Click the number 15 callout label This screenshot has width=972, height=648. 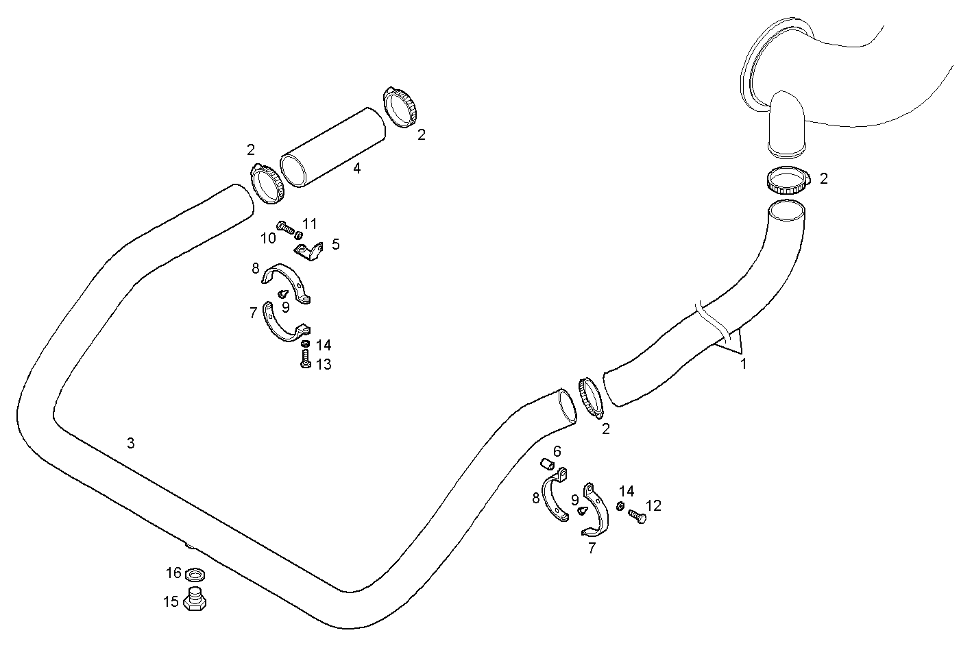171,602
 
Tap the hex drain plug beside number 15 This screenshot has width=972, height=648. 196,600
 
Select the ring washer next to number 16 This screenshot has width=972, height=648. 195,573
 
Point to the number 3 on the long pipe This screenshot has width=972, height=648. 130,443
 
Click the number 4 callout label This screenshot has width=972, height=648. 357,168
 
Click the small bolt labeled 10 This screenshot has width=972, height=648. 284,226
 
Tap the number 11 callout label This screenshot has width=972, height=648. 310,224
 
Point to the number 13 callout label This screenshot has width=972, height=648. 324,364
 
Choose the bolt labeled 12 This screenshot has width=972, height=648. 637,516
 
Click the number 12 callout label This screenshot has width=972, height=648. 653,506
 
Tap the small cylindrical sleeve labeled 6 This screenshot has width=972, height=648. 546,464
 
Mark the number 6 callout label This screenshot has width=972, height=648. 557,451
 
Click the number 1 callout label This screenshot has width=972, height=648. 743,364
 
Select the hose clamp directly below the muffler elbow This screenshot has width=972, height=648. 787,181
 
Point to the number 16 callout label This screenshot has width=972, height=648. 173,573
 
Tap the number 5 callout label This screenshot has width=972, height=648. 335,244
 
